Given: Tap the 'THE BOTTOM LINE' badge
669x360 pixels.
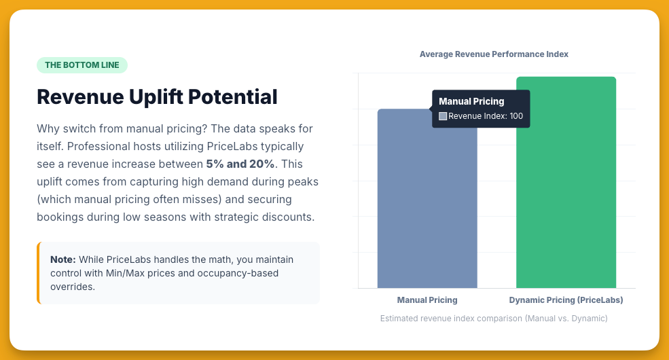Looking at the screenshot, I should pyautogui.click(x=82, y=65).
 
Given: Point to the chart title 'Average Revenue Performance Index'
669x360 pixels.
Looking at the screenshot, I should pyautogui.click(x=494, y=54).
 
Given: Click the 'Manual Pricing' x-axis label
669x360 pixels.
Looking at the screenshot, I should pyautogui.click(x=427, y=300).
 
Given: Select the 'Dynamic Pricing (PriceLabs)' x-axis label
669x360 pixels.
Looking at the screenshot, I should pyautogui.click(x=566, y=300).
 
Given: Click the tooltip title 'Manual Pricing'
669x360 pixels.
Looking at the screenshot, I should pyautogui.click(x=471, y=101).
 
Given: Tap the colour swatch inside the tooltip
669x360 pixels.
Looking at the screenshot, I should pyautogui.click(x=443, y=116).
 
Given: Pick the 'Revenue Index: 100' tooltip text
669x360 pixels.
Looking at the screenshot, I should pyautogui.click(x=486, y=116).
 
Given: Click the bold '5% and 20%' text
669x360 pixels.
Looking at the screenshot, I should pyautogui.click(x=240, y=164).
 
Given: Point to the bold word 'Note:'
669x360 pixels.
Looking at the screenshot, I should pyautogui.click(x=63, y=259).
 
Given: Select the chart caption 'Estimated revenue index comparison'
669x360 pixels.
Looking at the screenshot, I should pyautogui.click(x=494, y=318).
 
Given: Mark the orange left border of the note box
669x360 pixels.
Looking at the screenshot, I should pyautogui.click(x=39, y=273).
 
